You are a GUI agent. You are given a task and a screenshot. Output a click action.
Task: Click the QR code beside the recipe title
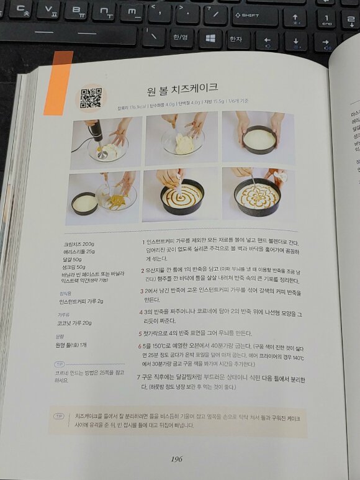[91, 97]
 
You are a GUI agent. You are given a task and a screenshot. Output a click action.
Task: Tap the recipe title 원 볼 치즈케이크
[182, 89]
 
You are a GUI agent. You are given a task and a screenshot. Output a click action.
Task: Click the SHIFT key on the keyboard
[254, 16]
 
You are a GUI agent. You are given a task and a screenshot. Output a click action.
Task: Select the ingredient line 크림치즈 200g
[79, 244]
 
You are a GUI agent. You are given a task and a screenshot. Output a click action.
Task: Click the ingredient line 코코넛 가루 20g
[75, 323]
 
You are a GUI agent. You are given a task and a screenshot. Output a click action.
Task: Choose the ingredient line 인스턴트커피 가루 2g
[81, 301]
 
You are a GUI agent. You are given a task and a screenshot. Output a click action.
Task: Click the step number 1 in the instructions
[143, 243]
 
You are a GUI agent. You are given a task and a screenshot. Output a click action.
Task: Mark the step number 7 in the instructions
[138, 376]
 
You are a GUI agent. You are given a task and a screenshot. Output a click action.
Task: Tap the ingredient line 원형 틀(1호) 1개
[71, 345]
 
